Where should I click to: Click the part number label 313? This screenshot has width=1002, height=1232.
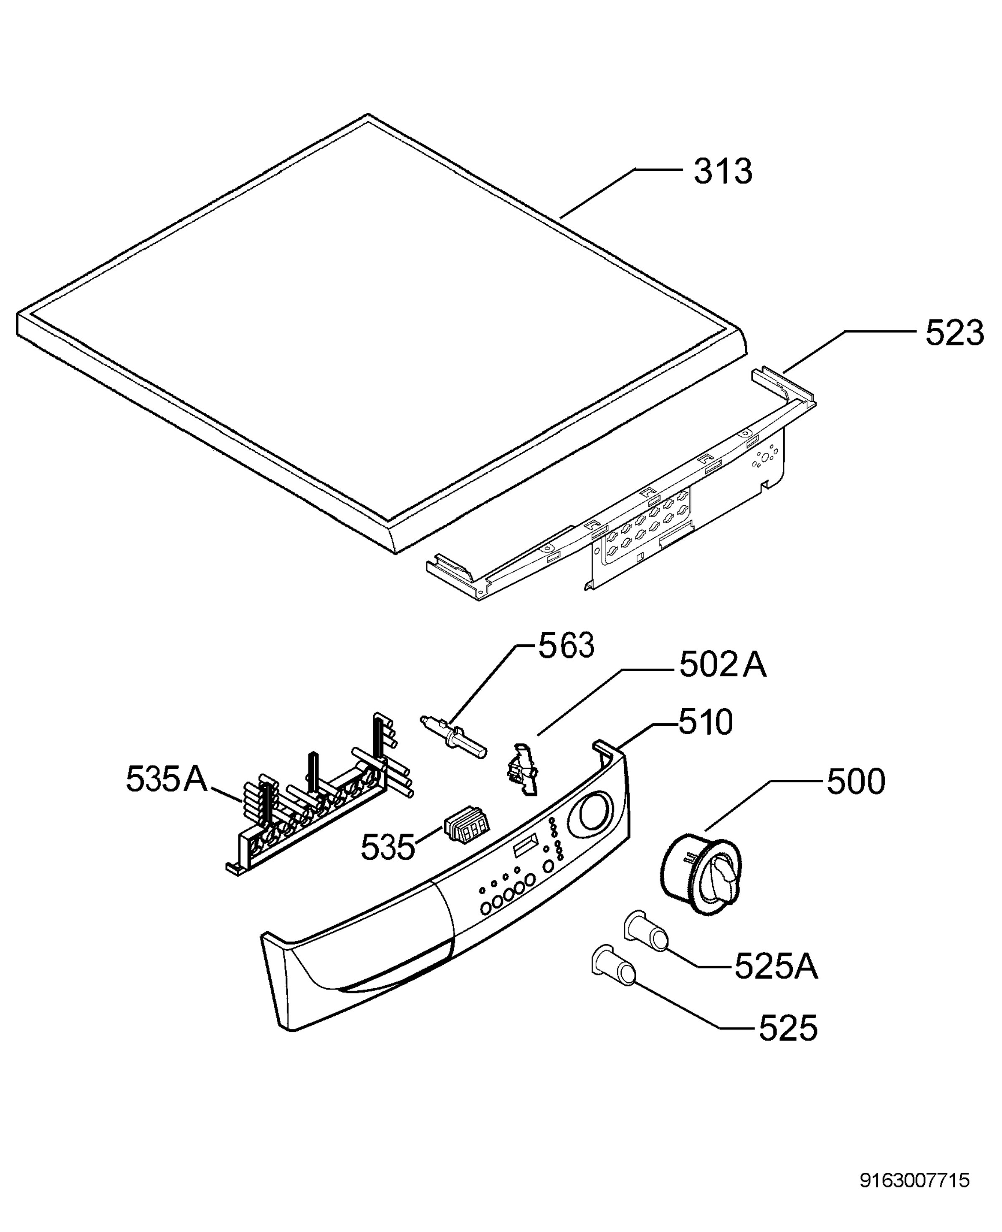click(723, 172)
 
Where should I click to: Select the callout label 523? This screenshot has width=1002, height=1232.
click(955, 334)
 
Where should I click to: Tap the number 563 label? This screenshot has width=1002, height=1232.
click(566, 646)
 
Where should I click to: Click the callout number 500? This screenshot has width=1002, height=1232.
click(856, 782)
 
